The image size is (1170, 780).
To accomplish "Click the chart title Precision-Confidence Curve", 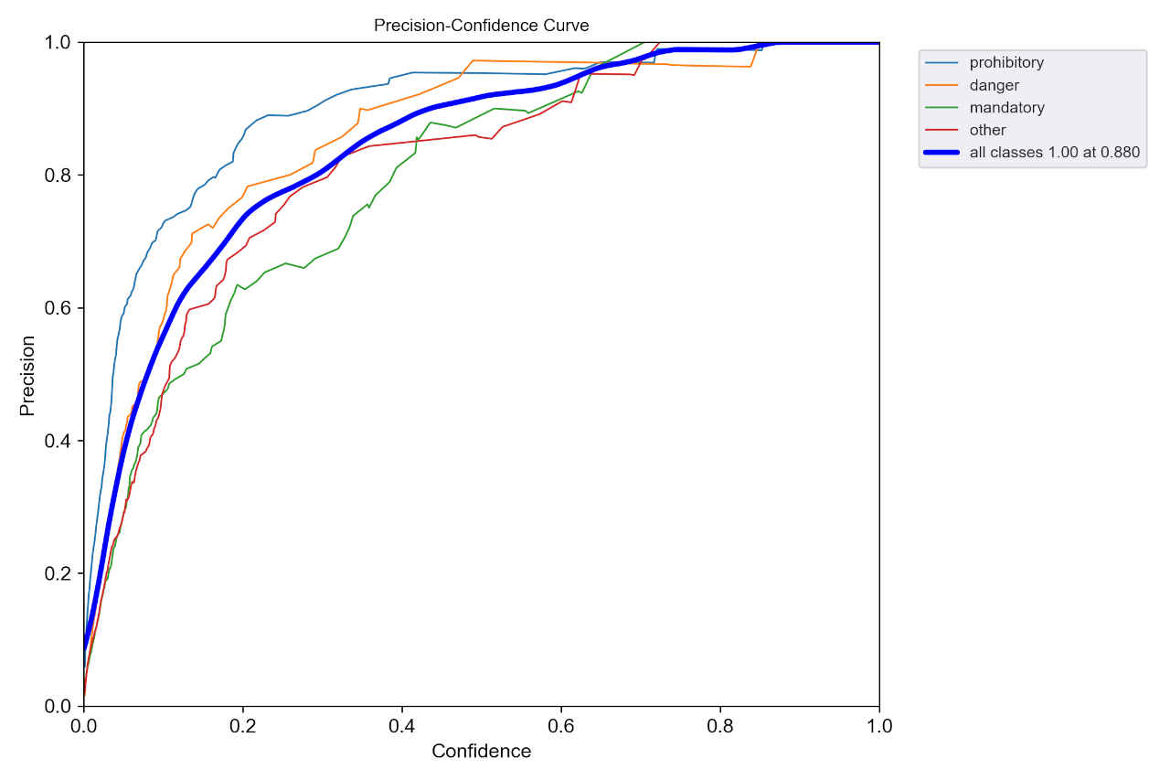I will [x=481, y=26].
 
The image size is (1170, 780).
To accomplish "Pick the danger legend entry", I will [x=994, y=85].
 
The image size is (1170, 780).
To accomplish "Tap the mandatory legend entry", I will [x=1006, y=108].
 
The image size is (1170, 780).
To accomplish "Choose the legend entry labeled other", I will [x=987, y=130].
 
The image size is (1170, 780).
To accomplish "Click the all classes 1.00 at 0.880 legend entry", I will [x=1054, y=153].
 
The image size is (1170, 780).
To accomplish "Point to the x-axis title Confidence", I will [x=481, y=752].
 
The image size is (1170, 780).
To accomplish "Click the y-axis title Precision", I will [x=28, y=375].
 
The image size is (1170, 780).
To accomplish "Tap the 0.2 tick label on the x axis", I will [x=243, y=727].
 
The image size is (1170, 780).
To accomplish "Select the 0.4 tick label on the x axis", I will [x=402, y=727].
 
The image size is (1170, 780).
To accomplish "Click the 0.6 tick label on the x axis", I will [x=561, y=727].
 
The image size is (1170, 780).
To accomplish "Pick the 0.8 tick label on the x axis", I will [x=720, y=727].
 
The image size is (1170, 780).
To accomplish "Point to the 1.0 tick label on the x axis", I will [x=879, y=727].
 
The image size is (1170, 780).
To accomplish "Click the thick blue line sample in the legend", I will [x=941, y=153].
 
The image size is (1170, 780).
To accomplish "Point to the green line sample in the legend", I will [x=941, y=108].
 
